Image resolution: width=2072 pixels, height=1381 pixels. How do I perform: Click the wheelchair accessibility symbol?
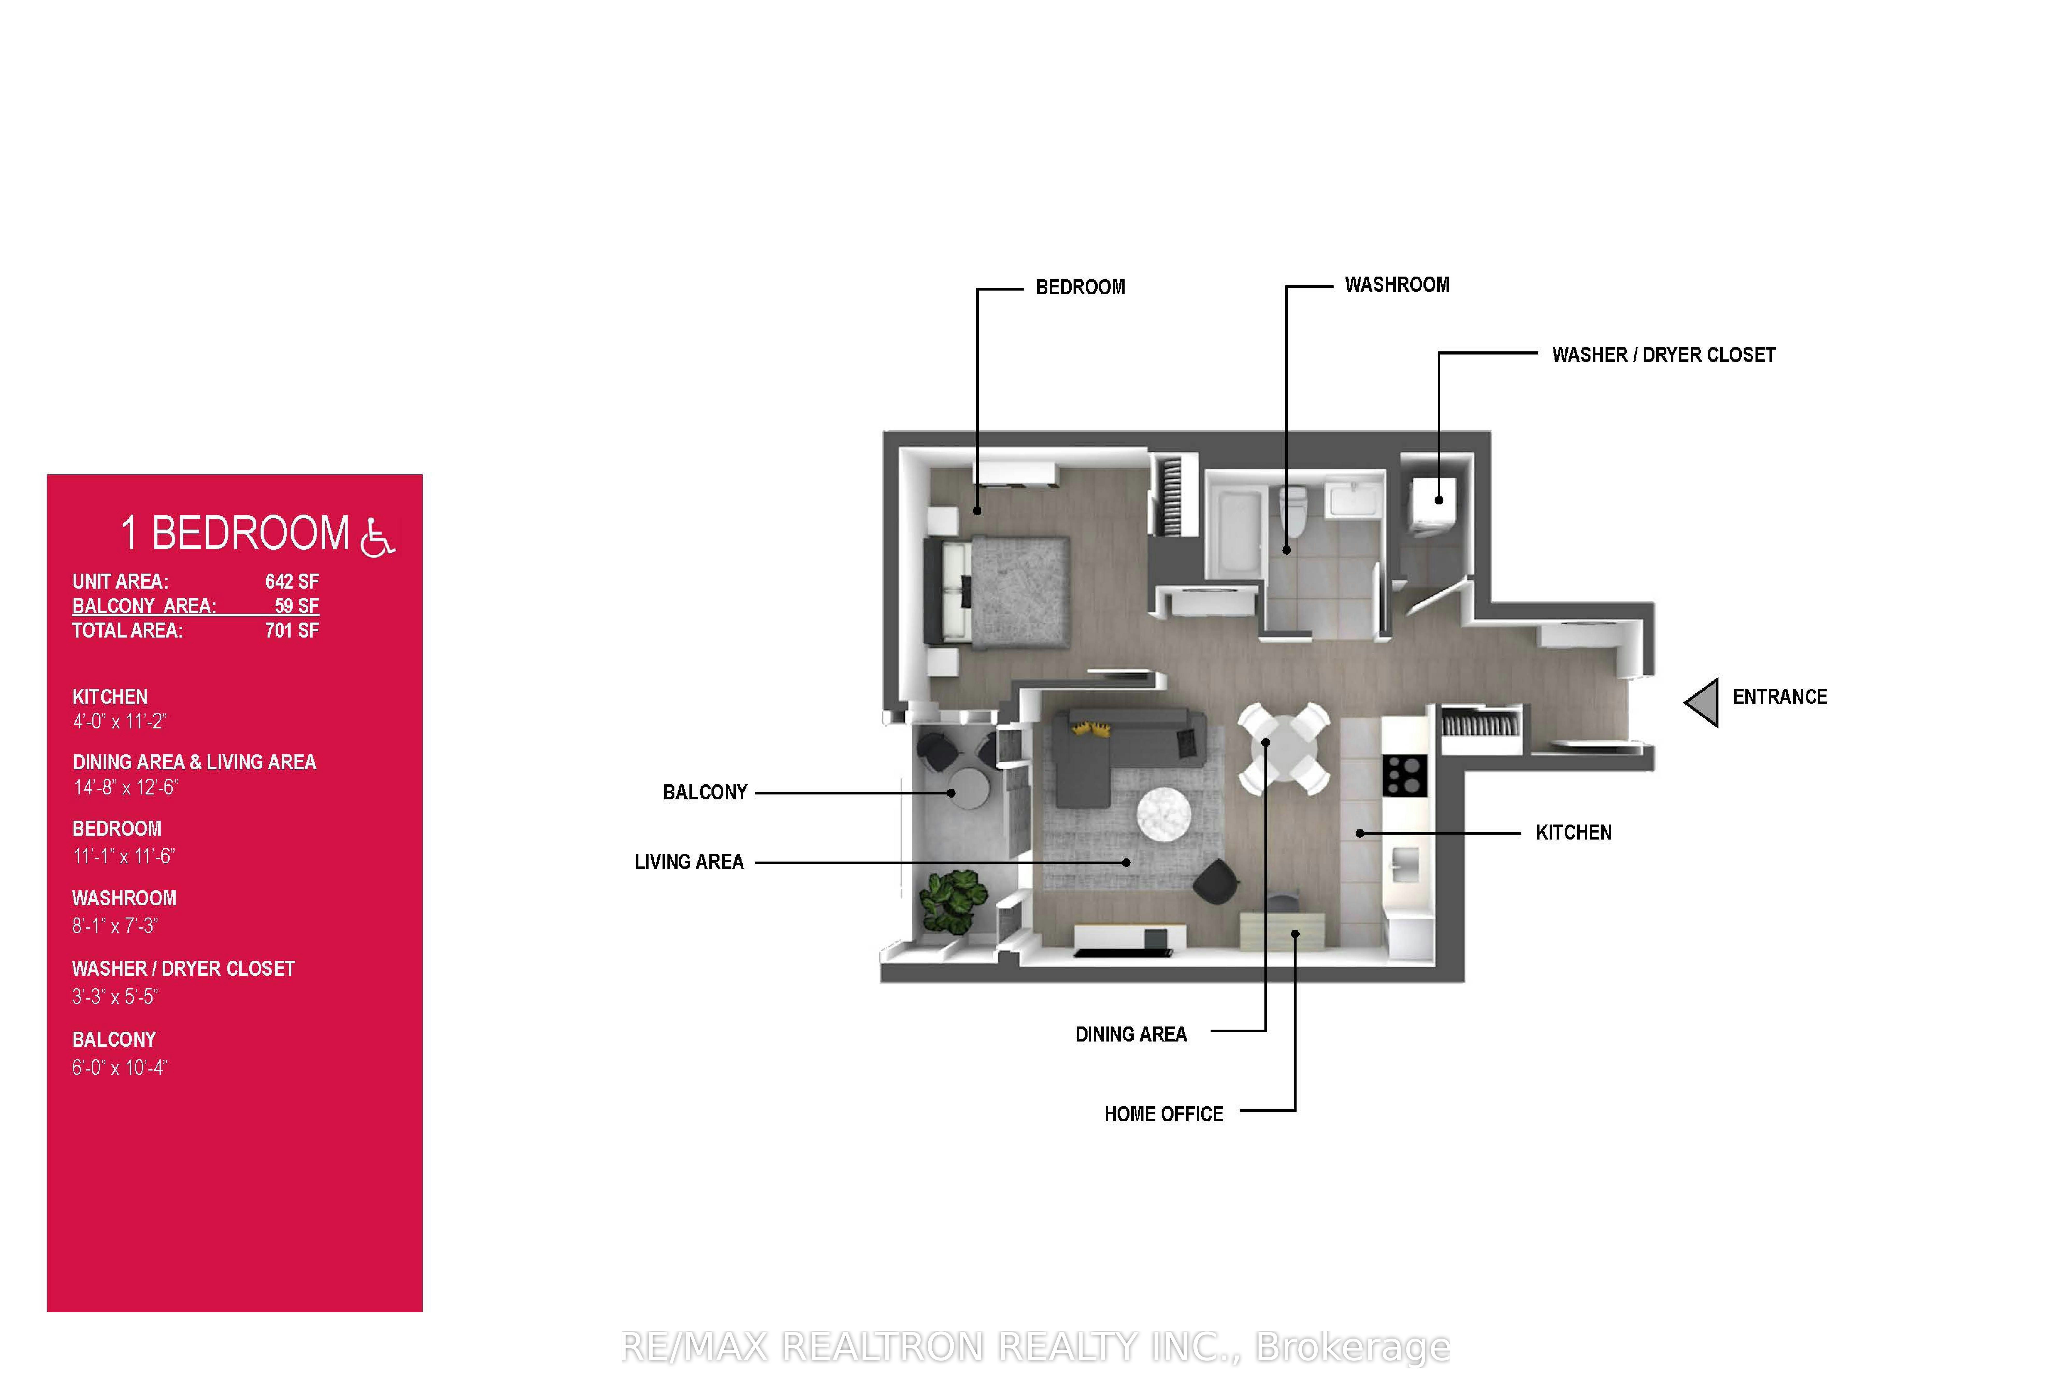pyautogui.click(x=378, y=536)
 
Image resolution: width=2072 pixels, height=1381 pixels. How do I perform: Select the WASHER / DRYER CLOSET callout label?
pyautogui.click(x=1663, y=355)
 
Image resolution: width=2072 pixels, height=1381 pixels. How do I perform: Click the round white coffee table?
pyautogui.click(x=1164, y=814)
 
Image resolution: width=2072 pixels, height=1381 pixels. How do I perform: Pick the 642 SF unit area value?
pyautogui.click(x=292, y=581)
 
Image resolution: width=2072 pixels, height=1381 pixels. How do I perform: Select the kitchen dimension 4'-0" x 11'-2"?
pyautogui.click(x=119, y=721)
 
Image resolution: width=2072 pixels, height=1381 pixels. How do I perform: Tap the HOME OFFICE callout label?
pyautogui.click(x=1163, y=1114)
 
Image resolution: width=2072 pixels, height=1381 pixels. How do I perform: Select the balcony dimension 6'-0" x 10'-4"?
pyautogui.click(x=119, y=1067)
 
